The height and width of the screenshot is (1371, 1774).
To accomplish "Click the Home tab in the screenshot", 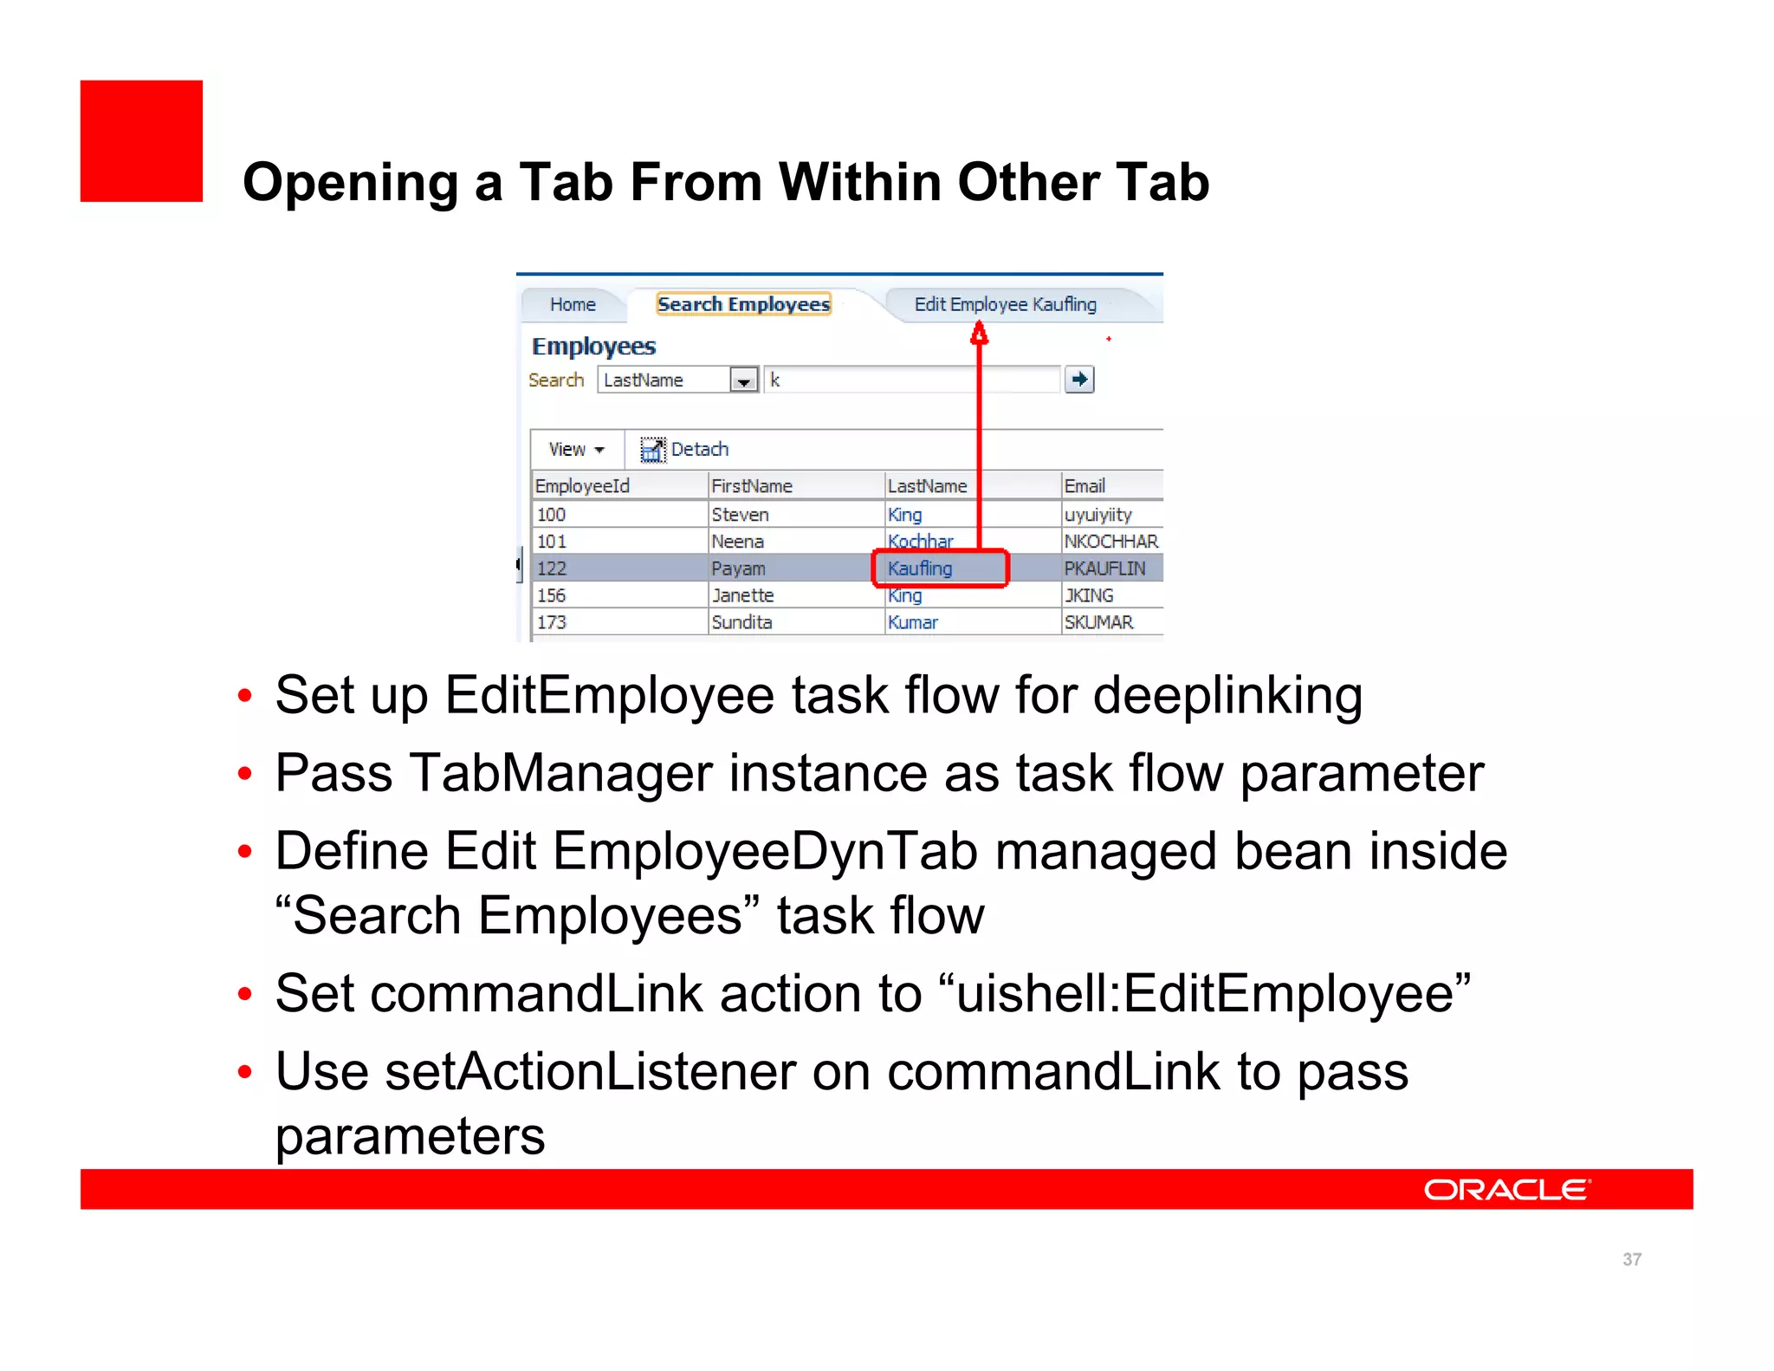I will (573, 305).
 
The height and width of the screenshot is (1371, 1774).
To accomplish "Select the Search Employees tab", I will (743, 304).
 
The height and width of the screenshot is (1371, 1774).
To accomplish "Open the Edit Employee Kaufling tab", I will (1005, 304).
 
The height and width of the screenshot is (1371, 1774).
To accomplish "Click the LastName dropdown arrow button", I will (744, 380).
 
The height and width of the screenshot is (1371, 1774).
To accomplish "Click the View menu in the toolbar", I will (575, 449).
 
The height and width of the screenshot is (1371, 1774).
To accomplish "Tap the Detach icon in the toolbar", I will (652, 449).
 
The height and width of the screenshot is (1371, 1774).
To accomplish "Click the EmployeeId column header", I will (582, 486).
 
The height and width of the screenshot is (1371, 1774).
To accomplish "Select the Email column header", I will (1084, 486).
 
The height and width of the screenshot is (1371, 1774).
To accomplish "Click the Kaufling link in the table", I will (920, 569).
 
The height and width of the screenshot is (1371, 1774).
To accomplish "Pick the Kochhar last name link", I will (920, 542).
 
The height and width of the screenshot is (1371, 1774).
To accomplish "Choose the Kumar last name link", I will (913, 622).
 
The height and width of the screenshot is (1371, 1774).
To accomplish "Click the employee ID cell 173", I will (551, 622).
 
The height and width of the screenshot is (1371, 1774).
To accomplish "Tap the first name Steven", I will (740, 515).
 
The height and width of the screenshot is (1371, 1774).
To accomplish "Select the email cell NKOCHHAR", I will (1110, 542).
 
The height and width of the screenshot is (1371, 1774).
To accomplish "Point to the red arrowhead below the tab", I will (979, 334).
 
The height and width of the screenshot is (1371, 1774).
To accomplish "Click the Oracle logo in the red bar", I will (1506, 1190).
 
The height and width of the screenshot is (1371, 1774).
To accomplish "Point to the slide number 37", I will (1632, 1259).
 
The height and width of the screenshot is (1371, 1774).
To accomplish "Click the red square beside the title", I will (141, 141).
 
